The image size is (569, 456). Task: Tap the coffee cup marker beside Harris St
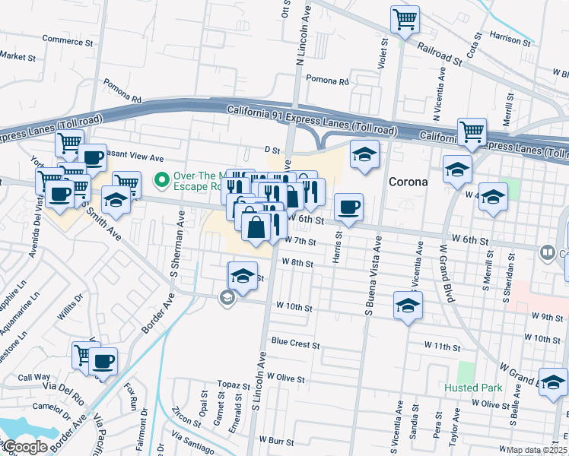(348, 207)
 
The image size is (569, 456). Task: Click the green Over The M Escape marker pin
(161, 180)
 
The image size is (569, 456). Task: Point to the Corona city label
(409, 182)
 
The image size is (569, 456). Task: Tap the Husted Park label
(473, 388)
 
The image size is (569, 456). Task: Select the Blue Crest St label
(295, 344)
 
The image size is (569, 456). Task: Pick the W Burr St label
(276, 440)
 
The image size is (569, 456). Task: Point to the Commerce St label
(67, 40)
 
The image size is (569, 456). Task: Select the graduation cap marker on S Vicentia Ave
(408, 306)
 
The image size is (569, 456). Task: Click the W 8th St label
(297, 262)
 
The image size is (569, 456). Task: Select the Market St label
(17, 57)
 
